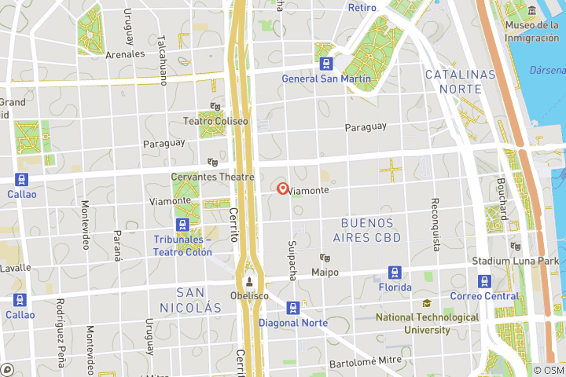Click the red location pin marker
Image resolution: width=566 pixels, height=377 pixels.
pos(283,188)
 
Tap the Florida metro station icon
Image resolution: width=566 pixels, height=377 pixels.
pos(395,273)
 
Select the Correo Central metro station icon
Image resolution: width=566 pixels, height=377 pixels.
pos(484,281)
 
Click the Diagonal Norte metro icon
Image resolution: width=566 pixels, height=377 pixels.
pos(293,308)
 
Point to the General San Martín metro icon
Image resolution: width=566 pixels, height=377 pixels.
pos(325,63)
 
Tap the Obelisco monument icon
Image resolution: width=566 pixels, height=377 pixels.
pos(249,282)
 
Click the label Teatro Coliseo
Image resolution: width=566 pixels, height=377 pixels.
pos(215,122)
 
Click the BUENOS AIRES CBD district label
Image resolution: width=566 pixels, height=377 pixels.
pos(367,230)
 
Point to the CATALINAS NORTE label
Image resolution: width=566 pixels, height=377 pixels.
pos(461,82)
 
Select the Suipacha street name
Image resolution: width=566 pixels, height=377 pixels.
pos(292,260)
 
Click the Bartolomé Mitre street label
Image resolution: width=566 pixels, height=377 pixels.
pos(366,362)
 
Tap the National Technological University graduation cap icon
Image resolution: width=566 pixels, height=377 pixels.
pos(427,304)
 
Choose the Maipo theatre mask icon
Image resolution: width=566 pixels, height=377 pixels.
pos(323,258)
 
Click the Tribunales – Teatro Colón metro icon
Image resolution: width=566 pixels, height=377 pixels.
pos(183,225)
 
